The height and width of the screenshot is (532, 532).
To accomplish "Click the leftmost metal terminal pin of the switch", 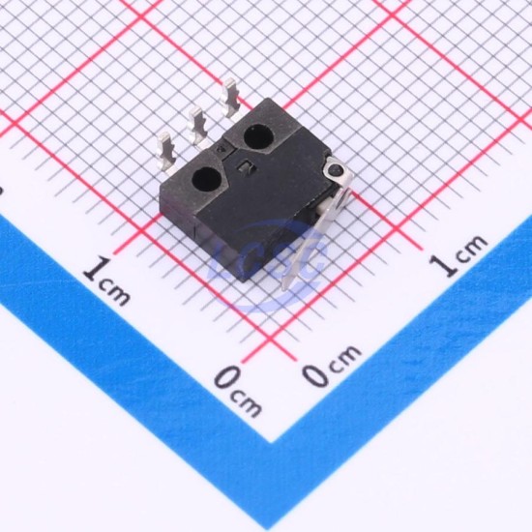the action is click(167, 152).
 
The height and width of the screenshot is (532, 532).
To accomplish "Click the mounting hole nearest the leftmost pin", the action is click(207, 179).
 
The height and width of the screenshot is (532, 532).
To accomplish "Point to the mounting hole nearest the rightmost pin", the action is click(259, 136).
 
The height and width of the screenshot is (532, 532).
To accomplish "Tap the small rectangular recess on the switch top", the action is click(246, 166).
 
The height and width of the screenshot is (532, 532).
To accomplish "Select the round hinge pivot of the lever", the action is click(337, 169).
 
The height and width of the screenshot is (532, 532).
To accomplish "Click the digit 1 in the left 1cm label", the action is click(97, 269).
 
